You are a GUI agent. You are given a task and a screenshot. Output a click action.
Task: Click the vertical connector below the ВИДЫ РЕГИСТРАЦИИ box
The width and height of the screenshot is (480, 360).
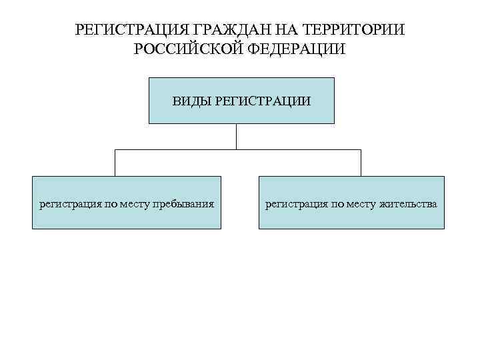point(237,137)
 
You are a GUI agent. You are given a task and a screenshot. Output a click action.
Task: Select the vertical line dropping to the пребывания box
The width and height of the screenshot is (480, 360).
point(116,163)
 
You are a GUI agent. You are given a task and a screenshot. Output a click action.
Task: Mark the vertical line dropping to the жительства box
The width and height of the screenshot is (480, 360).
point(361,163)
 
